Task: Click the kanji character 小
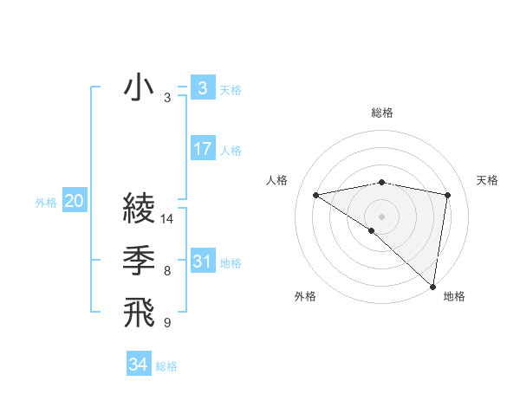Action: [140, 89]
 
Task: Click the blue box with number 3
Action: [202, 88]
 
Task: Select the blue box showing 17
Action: [202, 149]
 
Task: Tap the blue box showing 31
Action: [202, 262]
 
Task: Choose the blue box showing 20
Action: [74, 202]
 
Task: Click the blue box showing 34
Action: [138, 365]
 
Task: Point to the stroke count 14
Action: [168, 219]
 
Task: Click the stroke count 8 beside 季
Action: [166, 272]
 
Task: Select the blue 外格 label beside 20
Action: [46, 203]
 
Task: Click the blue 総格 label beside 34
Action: [166, 366]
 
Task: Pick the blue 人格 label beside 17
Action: [231, 151]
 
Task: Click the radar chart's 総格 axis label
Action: [381, 113]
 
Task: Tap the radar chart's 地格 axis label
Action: [454, 296]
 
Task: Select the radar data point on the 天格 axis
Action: [447, 195]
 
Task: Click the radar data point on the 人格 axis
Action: [316, 195]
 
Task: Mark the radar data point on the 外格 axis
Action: [372, 230]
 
